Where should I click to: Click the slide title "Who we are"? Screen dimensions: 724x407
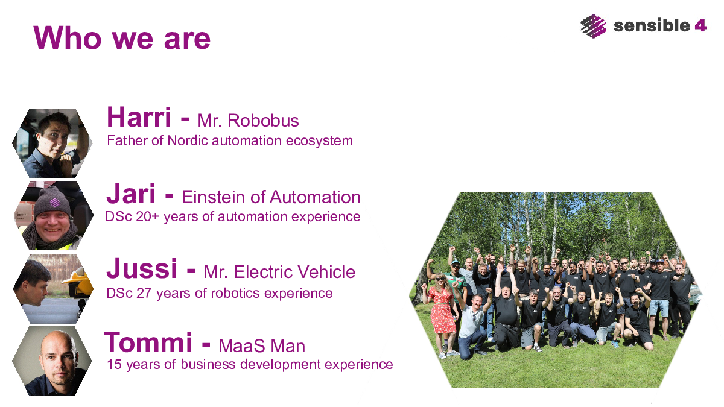(x=122, y=38)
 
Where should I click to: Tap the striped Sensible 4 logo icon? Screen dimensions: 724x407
(x=594, y=26)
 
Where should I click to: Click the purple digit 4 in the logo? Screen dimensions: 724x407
(x=700, y=25)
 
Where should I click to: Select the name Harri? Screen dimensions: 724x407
(x=139, y=117)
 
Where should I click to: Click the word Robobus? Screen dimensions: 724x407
(x=263, y=121)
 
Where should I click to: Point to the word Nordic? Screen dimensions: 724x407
(x=188, y=141)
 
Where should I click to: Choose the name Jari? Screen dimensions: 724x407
(x=132, y=194)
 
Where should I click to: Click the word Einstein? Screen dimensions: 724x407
(x=214, y=197)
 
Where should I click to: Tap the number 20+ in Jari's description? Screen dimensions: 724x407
(x=147, y=216)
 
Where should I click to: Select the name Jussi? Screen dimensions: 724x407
(x=142, y=268)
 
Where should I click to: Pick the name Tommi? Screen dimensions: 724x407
(x=148, y=342)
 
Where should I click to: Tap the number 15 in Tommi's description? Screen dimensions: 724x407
(x=114, y=364)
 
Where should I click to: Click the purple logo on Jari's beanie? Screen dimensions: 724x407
(x=55, y=203)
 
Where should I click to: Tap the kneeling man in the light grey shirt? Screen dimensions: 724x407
(x=472, y=326)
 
